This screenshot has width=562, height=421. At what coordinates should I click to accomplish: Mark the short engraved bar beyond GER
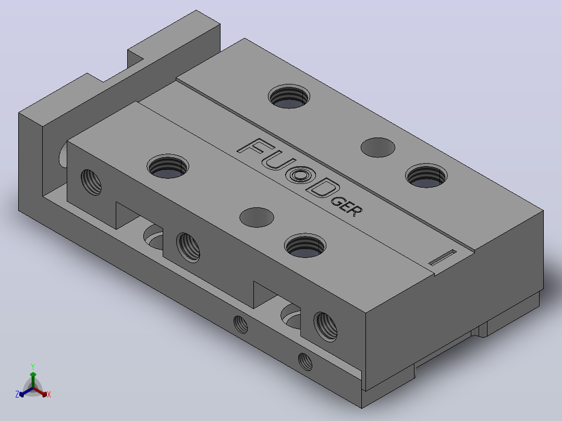[442, 257]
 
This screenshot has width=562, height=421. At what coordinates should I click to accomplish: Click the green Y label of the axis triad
[33, 366]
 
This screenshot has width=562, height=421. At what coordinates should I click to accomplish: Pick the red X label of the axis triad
[49, 394]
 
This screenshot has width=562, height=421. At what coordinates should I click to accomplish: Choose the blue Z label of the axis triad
[17, 394]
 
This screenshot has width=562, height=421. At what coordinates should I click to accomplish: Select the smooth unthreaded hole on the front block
[256, 217]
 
